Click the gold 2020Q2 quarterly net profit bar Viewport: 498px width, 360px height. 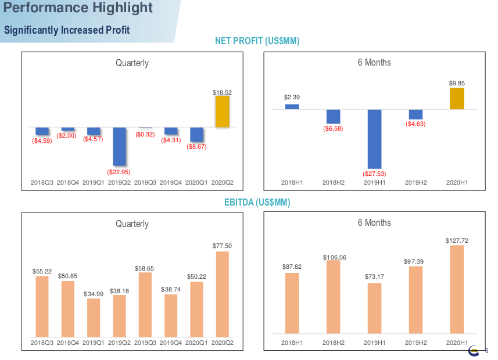pyautogui.click(x=223, y=111)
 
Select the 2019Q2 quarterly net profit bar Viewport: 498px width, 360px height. pyautogui.click(x=119, y=146)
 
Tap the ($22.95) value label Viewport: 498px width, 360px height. pyautogui.click(x=119, y=172)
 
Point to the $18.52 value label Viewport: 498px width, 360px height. pyautogui.click(x=223, y=92)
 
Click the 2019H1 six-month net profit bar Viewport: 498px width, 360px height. pyautogui.click(x=374, y=139)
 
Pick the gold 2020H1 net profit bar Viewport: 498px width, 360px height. pyautogui.click(x=457, y=99)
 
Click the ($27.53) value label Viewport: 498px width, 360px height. pyautogui.click(x=374, y=174)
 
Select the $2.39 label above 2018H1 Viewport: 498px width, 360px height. pyautogui.click(x=292, y=97)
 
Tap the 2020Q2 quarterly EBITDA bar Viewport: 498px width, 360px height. pyautogui.click(x=223, y=294)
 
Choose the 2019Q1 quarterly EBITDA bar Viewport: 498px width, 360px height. pyautogui.click(x=94, y=318)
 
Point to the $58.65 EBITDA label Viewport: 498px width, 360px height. pyautogui.click(x=145, y=268)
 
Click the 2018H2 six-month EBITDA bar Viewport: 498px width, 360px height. pyautogui.click(x=333, y=297)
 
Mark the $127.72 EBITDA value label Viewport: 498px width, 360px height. pyautogui.click(x=457, y=240)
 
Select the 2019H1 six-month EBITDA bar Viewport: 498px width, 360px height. pyautogui.click(x=374, y=308)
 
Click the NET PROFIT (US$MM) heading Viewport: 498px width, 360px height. pyautogui.click(x=257, y=41)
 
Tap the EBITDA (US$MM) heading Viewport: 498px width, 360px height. pyautogui.click(x=257, y=203)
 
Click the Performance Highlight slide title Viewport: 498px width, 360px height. pyautogui.click(x=78, y=8)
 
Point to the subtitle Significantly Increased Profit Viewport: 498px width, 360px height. pyautogui.click(x=67, y=30)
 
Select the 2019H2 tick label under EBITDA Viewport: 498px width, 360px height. pyautogui.click(x=415, y=343)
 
